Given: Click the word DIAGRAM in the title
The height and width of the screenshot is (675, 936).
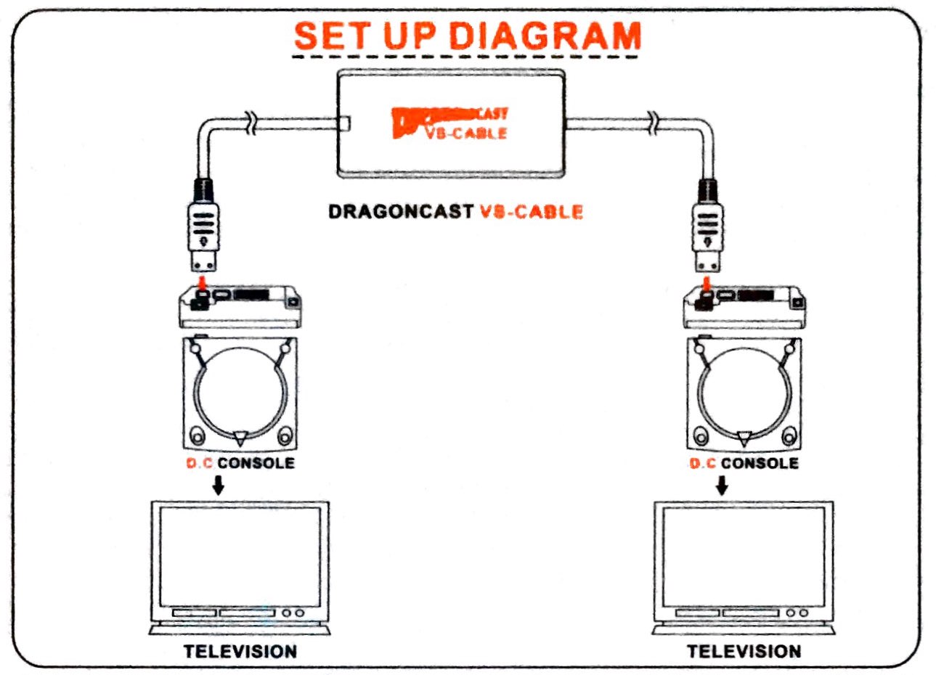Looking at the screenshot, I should (545, 36).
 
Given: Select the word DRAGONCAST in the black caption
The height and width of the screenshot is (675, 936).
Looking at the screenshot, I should (400, 212).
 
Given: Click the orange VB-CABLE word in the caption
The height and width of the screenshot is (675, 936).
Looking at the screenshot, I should (532, 212).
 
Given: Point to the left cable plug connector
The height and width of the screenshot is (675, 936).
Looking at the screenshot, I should (204, 225).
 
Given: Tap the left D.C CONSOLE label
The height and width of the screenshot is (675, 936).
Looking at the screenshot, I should (240, 463).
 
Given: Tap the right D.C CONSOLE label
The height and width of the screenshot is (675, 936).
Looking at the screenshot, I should (744, 463).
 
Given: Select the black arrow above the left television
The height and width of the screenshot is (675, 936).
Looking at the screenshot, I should (217, 484).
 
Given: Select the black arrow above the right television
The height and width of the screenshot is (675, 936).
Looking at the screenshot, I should (721, 484).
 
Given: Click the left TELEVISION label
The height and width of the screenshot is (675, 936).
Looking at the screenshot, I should (240, 651).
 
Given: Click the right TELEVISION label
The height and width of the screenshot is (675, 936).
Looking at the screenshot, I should (744, 651).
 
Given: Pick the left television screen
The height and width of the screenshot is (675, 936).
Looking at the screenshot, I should (240, 556).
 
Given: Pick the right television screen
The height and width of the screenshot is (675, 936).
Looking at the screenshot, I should (744, 556).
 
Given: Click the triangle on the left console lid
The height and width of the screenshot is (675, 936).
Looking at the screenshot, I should (240, 437).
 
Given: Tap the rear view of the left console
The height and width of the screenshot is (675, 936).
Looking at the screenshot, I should (240, 306).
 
